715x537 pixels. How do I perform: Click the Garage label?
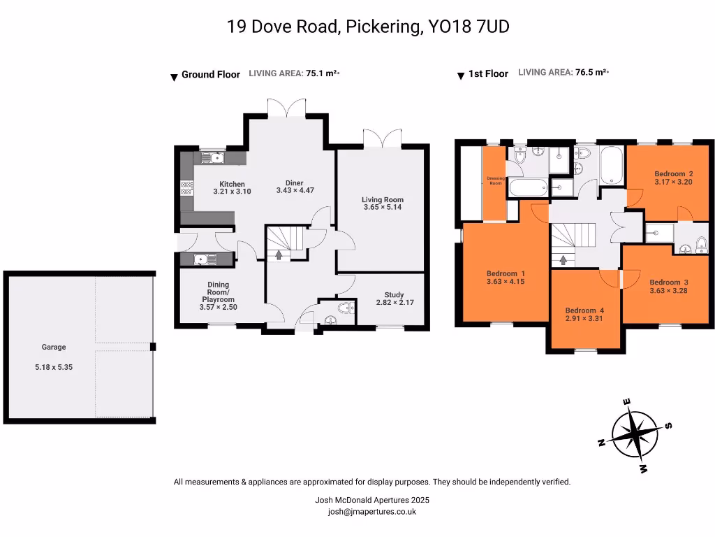54,347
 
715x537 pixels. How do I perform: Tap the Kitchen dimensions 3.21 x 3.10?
231,192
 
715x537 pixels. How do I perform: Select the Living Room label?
383,199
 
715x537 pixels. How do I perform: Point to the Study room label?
394,295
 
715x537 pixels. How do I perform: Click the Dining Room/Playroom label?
218,292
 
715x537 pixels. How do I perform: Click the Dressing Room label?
495,180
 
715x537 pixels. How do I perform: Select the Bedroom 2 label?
673,173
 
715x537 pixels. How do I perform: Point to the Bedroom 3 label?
668,282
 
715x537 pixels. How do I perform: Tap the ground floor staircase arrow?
279,255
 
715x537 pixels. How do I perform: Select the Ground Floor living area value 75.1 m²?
322,73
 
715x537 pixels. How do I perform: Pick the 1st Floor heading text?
488,73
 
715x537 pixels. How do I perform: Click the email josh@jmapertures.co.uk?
372,511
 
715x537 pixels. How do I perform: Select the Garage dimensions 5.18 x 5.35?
54,366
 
